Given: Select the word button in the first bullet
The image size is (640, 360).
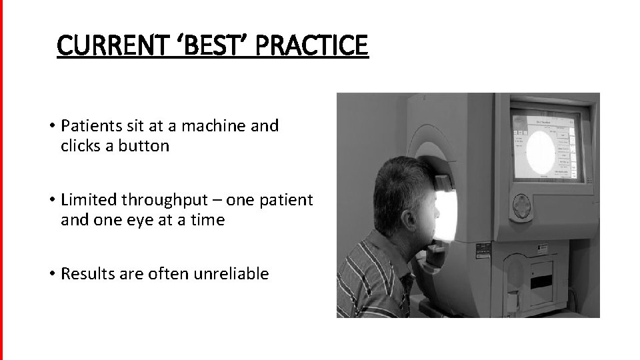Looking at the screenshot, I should coord(143,146).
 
